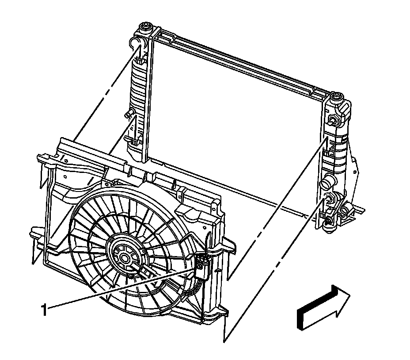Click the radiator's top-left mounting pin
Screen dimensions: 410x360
coord(144,28)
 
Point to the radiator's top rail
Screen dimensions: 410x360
coord(243,60)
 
